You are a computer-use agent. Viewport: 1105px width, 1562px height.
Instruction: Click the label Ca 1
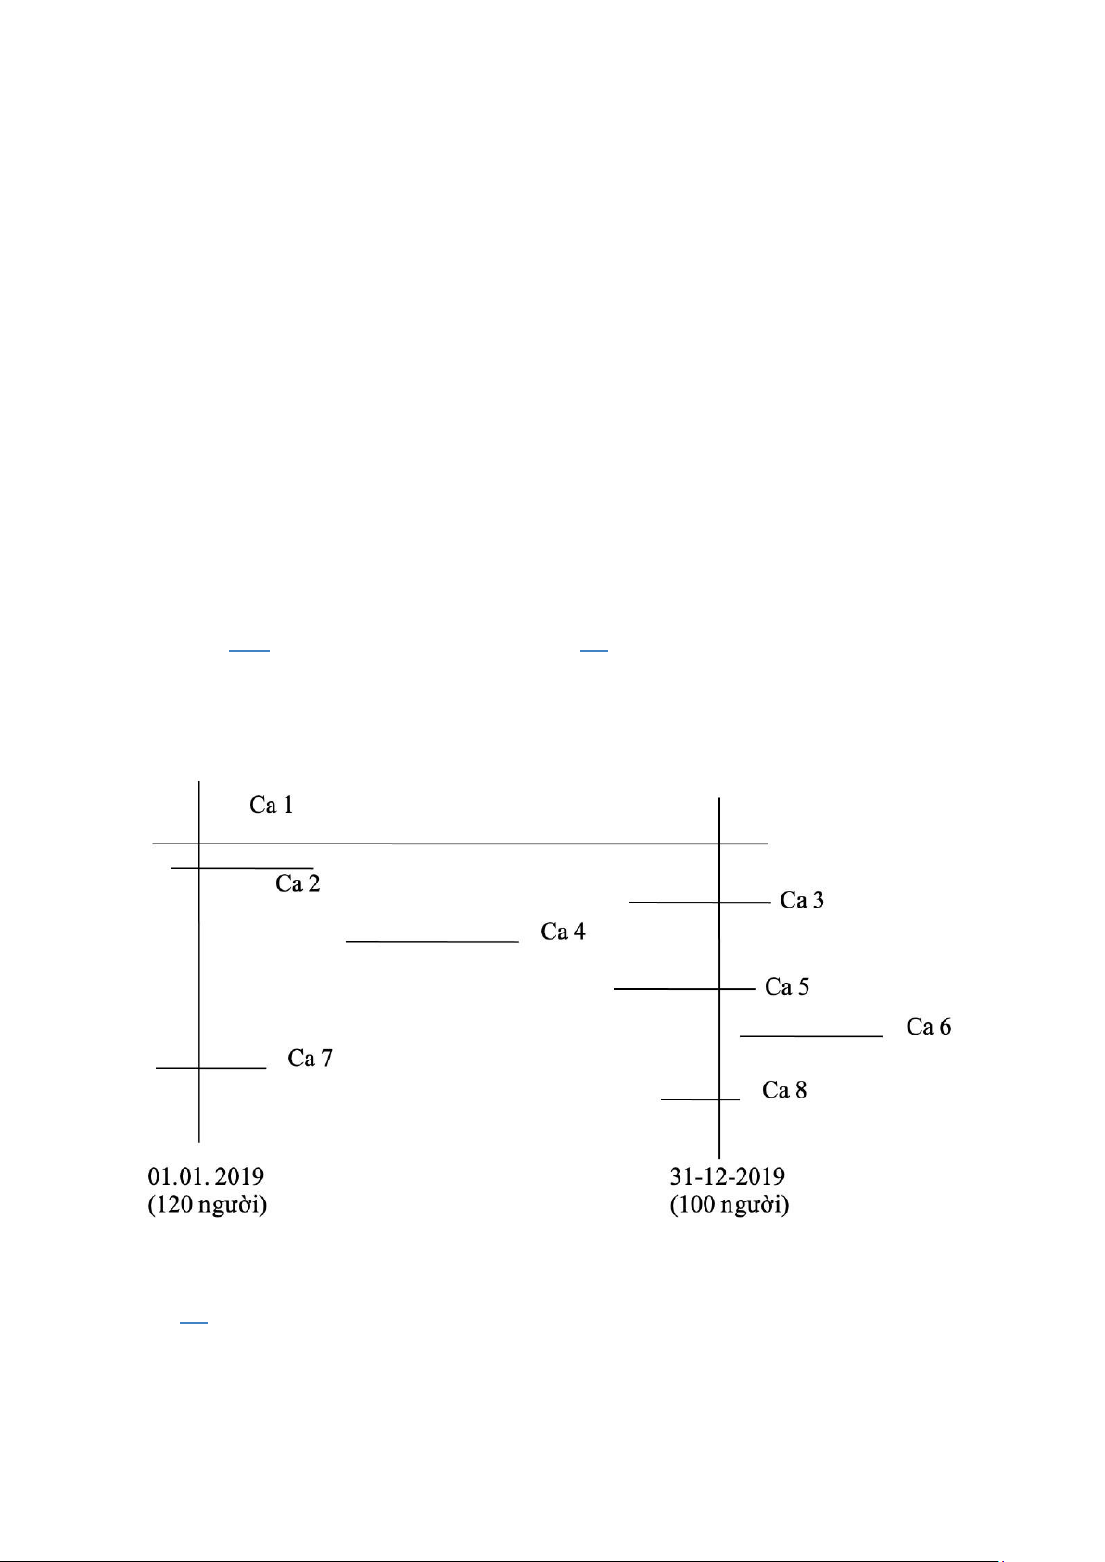pos(272,805)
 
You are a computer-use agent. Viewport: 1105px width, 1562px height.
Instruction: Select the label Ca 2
pos(298,883)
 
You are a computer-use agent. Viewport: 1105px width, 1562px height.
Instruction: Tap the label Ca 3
pos(802,900)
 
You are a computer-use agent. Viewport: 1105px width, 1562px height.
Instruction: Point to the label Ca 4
pos(563,932)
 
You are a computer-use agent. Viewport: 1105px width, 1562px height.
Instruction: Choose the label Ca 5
pos(787,986)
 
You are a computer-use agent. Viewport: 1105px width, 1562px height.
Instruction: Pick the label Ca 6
pos(929,1027)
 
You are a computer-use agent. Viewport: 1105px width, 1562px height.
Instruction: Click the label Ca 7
pos(310,1058)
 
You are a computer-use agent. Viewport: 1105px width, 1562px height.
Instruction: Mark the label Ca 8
pos(784,1090)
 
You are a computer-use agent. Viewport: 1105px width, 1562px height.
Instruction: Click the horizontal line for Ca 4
pos(432,941)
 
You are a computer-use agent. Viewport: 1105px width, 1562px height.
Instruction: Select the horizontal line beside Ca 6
pos(811,1035)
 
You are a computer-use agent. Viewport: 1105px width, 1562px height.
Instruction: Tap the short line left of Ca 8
pos(700,1099)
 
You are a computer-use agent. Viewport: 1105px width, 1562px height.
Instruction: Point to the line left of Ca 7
pos(211,1068)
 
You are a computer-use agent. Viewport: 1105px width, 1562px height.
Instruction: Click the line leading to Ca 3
pos(700,902)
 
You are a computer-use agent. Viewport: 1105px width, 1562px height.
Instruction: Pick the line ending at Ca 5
pos(684,989)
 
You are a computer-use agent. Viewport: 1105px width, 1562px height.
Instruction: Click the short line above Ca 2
pos(243,868)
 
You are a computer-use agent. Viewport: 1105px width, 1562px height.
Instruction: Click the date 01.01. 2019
pos(206,1176)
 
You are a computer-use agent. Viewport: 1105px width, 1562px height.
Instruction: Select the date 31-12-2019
pos(728,1176)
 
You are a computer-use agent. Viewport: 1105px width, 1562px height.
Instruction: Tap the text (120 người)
pos(208,1205)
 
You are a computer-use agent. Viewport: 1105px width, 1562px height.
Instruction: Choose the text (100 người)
pos(730,1205)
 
